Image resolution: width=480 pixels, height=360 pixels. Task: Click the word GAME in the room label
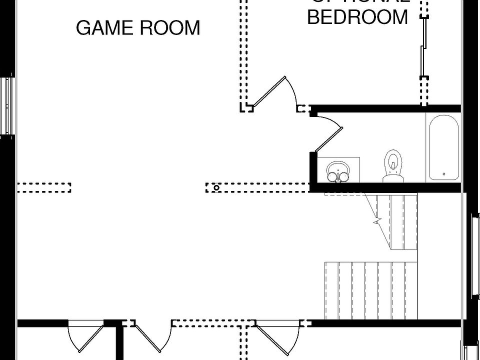[104, 28]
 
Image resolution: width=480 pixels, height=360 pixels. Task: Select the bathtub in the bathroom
[443, 147]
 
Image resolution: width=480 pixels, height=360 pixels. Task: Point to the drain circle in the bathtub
[444, 174]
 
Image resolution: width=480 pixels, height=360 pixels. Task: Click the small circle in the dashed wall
[216, 188]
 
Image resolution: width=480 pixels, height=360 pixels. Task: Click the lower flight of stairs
[370, 290]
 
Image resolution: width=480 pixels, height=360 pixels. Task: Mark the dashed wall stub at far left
[44, 187]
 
